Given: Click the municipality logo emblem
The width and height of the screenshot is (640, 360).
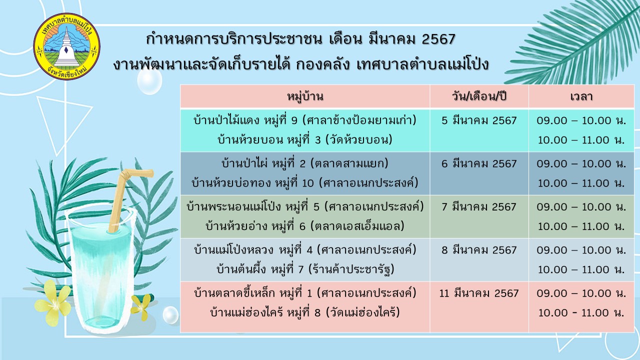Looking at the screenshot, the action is click(67, 46).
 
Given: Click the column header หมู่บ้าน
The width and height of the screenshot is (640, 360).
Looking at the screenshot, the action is click(305, 96).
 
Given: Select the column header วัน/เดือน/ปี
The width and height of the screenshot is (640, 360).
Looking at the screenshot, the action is click(479, 96).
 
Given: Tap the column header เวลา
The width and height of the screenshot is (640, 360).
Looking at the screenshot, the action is click(581, 96).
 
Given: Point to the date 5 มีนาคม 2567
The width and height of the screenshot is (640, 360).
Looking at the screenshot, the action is click(479, 120).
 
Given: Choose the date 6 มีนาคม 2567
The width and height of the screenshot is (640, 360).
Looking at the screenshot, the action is click(479, 163).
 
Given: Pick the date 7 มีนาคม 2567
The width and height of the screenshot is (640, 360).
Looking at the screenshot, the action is click(479, 206).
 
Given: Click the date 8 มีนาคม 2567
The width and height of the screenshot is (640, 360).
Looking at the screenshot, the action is click(479, 250).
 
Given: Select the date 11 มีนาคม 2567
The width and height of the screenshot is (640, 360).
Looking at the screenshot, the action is click(479, 293).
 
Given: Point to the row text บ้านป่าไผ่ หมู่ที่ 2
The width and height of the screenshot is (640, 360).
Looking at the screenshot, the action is click(263, 163).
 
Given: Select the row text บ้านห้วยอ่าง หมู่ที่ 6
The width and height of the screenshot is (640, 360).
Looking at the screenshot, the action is click(255, 226).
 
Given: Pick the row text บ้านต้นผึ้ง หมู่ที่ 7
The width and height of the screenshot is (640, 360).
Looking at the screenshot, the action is click(260, 269).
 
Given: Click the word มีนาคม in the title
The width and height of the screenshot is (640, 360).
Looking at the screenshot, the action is click(387, 39).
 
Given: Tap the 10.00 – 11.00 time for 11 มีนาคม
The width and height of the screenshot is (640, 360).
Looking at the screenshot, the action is click(581, 312).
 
